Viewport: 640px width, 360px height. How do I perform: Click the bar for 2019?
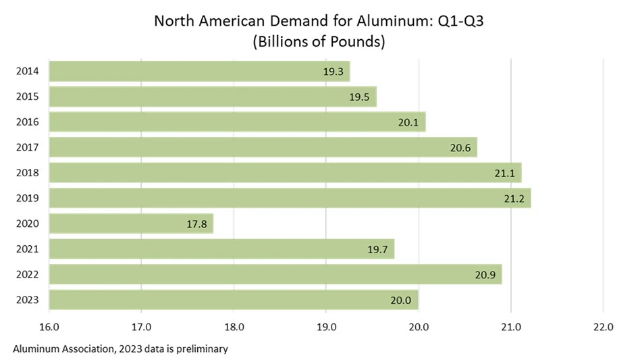290,198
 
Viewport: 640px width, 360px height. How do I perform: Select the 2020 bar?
132,224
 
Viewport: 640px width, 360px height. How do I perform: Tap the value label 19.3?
334,71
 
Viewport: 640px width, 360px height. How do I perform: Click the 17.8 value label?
197,224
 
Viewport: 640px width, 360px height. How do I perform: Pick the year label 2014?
27,71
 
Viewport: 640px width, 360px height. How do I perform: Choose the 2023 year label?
27,300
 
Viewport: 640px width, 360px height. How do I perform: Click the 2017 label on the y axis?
27,147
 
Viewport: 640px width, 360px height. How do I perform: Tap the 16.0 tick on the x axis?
49,327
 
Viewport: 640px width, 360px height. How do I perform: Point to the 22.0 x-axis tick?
602,327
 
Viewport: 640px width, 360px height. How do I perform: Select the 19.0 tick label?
326,327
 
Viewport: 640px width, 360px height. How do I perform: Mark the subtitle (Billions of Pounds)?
319,42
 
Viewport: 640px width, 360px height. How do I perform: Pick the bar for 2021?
222,249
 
